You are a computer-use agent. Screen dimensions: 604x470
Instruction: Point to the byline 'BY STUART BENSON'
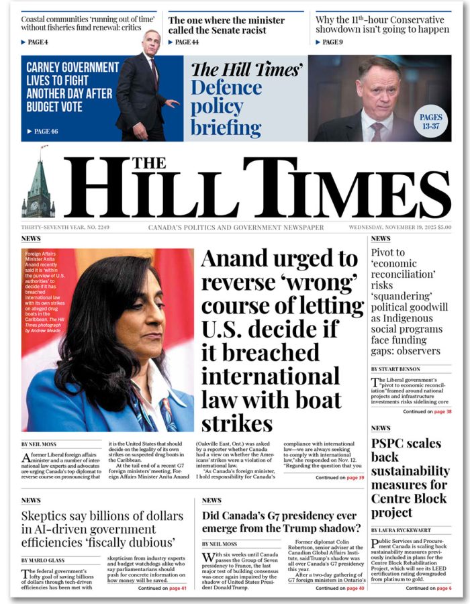pos(395,369)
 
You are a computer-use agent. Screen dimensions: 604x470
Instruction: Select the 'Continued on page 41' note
pos(162,588)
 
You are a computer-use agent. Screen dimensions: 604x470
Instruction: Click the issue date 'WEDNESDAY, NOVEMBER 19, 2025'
pos(399,228)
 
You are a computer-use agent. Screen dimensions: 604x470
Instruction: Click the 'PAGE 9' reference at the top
pos(332,42)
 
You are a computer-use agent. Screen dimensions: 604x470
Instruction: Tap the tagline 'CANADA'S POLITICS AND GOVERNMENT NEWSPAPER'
pos(236,228)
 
